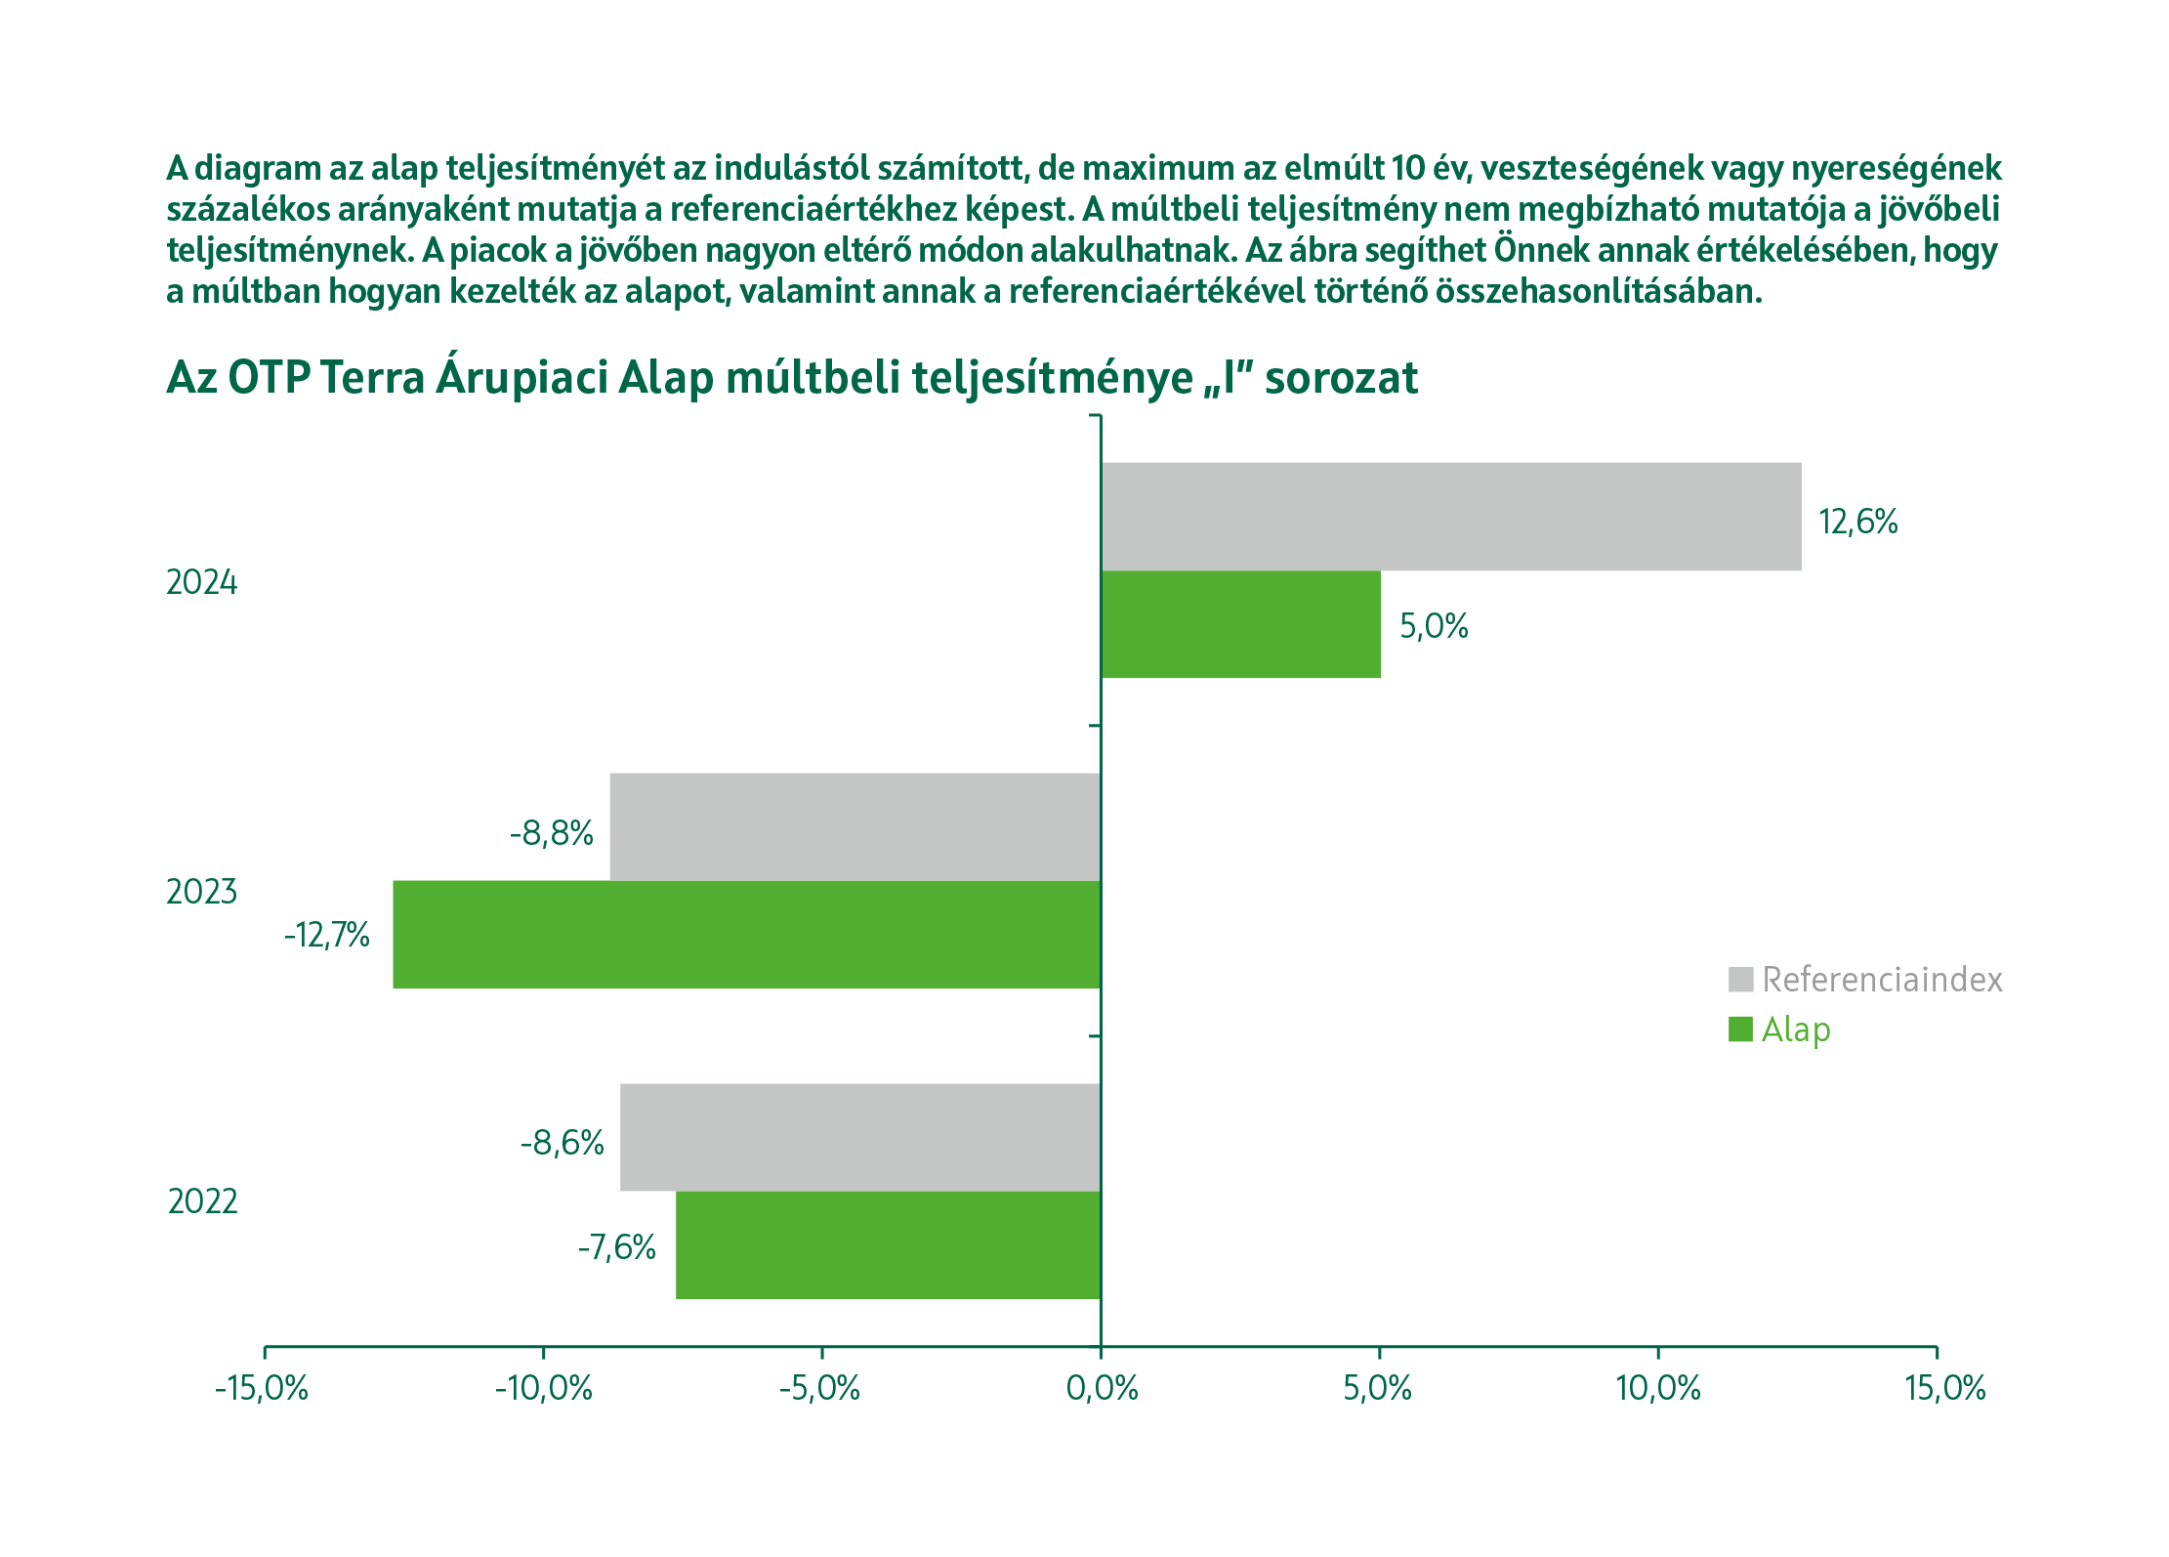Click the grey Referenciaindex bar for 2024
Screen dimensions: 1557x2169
[1451, 516]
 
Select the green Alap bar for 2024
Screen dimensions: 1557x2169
[1240, 624]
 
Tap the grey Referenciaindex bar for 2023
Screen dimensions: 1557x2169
[855, 826]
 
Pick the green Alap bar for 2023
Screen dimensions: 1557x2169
[746, 934]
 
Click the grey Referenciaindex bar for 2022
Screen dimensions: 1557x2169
[859, 1137]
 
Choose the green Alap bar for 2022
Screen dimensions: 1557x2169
[888, 1244]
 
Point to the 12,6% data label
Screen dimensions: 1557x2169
[1857, 522]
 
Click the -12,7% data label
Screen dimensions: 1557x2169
[327, 936]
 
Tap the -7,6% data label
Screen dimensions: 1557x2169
[616, 1247]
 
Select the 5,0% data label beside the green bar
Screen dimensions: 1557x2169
[1434, 626]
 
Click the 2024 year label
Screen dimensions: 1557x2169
[202, 582]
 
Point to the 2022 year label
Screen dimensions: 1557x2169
[202, 1201]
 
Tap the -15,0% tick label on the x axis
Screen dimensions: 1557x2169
[262, 1388]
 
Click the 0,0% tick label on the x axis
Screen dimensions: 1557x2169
[1102, 1388]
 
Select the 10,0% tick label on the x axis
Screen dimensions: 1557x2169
[1658, 1388]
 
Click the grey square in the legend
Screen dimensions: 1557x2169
[1740, 979]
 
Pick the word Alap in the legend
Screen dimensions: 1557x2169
[1795, 1030]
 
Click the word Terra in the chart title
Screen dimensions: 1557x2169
[372, 378]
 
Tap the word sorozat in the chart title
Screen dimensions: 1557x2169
[1341, 378]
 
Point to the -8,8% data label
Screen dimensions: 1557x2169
[552, 833]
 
